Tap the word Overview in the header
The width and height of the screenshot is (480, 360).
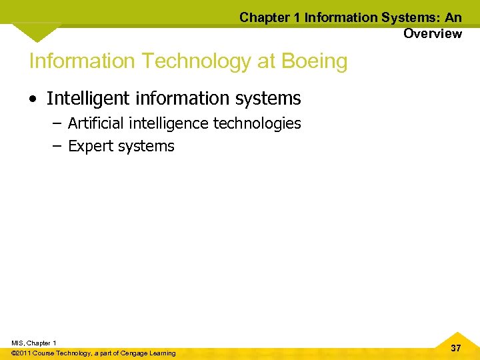tap(432, 34)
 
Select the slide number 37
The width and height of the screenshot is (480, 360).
tap(456, 348)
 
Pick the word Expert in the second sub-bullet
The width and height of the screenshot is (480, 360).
tap(91, 146)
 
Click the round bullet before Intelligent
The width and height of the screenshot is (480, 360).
tap(33, 99)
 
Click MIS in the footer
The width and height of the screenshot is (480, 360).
tap(18, 343)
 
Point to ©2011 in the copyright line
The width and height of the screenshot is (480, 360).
tap(21, 353)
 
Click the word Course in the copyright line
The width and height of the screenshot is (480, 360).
tap(44, 353)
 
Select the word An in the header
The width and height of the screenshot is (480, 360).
tap(453, 18)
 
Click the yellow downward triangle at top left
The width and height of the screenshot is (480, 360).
tap(37, 31)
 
